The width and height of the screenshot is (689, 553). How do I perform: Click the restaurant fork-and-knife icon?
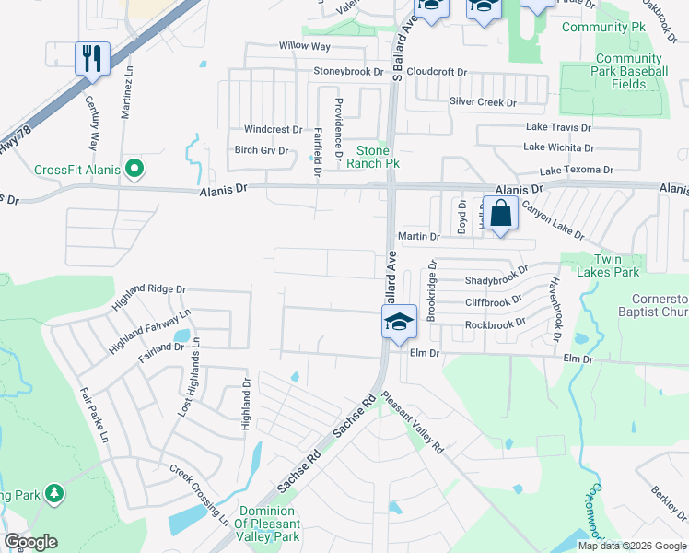coord(92,59)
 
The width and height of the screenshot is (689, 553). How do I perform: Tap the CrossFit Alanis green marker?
coord(134,169)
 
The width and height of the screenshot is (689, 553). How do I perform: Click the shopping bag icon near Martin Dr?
coord(500,215)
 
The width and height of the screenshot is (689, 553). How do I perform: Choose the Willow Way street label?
coord(304,45)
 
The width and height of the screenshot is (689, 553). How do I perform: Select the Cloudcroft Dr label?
coord(438,71)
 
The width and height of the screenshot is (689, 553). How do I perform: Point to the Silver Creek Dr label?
coord(483,102)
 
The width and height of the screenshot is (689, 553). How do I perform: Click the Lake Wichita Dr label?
coord(558,147)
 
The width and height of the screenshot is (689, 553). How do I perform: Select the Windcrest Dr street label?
coord(273,130)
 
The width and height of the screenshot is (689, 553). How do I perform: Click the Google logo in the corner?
coord(30,542)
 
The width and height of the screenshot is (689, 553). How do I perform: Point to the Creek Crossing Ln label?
coord(200,495)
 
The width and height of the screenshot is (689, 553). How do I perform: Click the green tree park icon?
coord(54,494)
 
